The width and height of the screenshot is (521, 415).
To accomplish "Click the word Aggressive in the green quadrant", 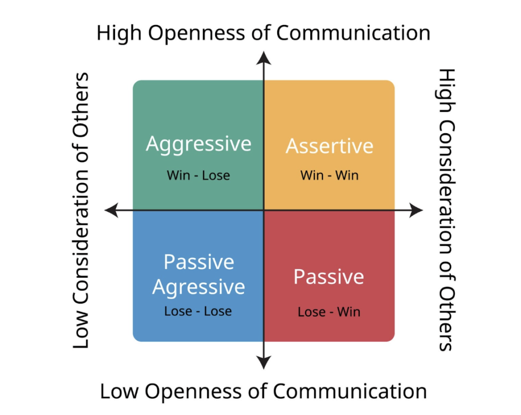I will tap(198, 144).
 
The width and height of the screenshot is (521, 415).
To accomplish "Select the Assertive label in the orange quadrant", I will tap(329, 146).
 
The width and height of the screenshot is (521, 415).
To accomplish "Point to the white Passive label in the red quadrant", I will tap(329, 277).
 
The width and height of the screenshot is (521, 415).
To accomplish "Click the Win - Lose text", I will tap(198, 175).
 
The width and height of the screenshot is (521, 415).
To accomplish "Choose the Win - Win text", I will tap(329, 175).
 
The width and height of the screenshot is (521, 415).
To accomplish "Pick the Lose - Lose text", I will tap(198, 311).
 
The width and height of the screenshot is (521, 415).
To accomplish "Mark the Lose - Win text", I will tap(329, 311).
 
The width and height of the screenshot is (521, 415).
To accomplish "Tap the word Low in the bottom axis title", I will tap(118, 392).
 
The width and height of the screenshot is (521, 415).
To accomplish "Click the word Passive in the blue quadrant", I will tap(198, 262).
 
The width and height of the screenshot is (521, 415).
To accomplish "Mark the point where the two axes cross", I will tap(264, 210).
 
